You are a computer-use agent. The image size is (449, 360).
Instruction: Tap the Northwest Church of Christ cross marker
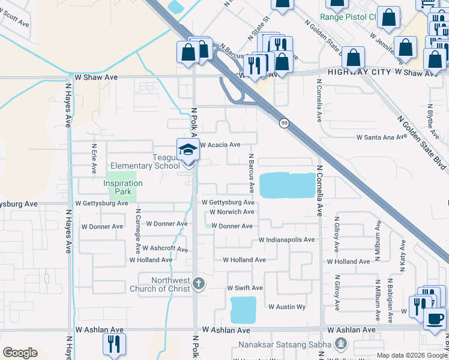pos(199,283)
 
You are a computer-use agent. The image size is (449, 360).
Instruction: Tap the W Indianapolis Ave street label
pos(286,240)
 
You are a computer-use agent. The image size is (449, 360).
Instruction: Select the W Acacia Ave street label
pos(220,145)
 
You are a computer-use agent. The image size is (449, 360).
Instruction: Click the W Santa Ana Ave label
pos(381,137)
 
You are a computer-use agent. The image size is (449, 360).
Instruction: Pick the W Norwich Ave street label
pos(231,212)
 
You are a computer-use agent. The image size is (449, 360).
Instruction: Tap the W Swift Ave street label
pos(244,289)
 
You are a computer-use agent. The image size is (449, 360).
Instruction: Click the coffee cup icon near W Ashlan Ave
pos(435,317)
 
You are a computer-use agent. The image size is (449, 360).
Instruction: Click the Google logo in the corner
pos(20,353)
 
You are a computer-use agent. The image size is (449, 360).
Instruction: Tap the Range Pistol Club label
pos(347,17)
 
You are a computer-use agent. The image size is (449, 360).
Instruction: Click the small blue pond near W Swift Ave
pos(243,310)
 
